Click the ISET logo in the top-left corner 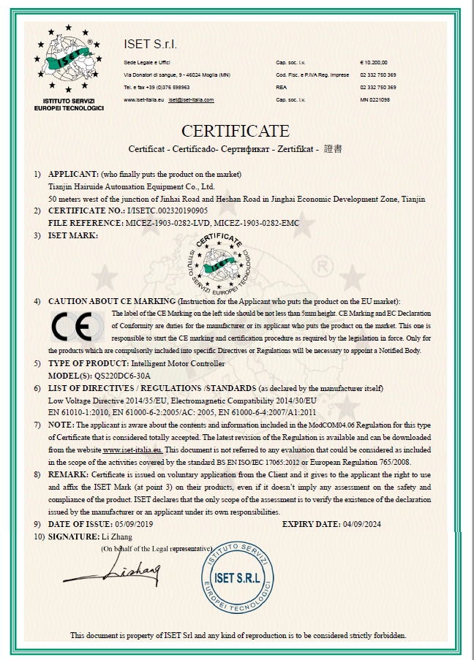point(69,63)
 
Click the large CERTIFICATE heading point(236,132)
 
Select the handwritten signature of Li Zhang point(135,568)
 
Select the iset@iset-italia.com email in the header point(191,99)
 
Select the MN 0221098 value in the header point(375,99)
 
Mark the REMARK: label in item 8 point(70,474)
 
